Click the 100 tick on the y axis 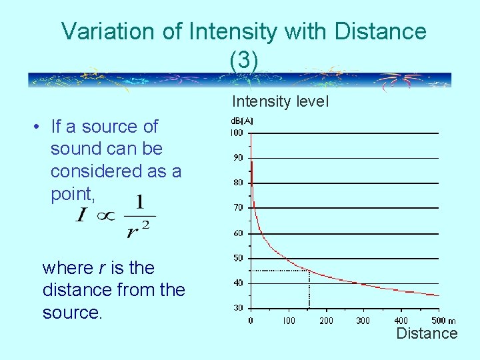click(237, 133)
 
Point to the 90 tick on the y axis click(237, 158)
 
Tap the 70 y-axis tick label click(237, 208)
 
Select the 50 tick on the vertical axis click(237, 258)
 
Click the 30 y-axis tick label click(237, 308)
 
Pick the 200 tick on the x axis click(326, 321)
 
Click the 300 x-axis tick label click(363, 321)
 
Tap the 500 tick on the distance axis click(438, 321)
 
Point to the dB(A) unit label click(241, 121)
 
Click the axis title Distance click(427, 333)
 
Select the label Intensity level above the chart click(280, 101)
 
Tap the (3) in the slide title click(243, 60)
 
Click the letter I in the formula click(82, 216)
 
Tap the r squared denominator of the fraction click(138, 228)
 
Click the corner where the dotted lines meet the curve click(309, 271)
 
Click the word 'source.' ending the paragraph click(73, 313)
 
